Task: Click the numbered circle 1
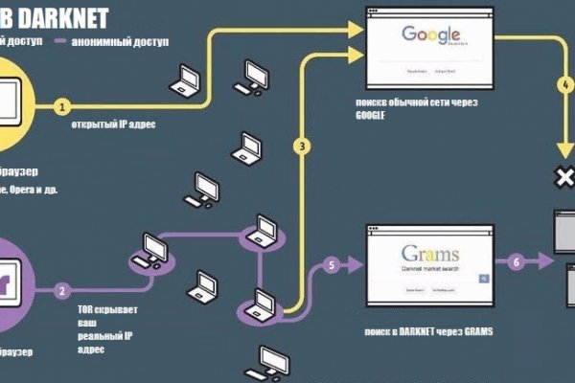coord(63,105)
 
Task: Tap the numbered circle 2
coord(63,290)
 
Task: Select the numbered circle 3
coord(303,146)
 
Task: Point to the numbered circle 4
coord(565,83)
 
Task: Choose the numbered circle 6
coord(517,260)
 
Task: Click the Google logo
coord(424,35)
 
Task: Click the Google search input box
coord(425,55)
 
